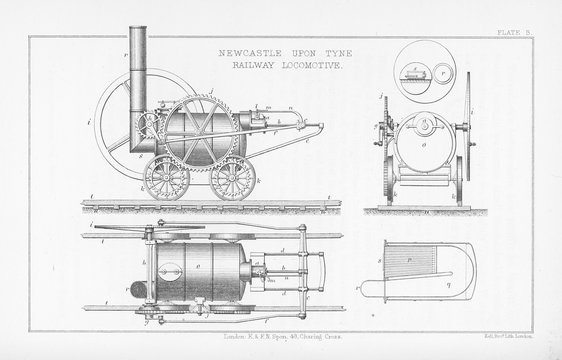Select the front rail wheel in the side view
click(162, 181)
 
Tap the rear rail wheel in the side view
click(232, 179)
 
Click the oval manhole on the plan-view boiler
click(202, 270)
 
